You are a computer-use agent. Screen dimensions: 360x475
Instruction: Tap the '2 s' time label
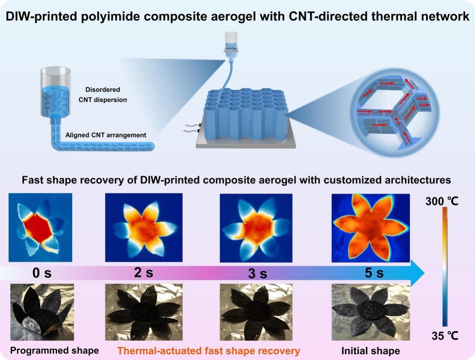pyautogui.click(x=144, y=273)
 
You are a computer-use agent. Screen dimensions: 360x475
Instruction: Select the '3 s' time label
pyautogui.click(x=258, y=274)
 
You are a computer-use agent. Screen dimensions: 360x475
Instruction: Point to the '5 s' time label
pyautogui.click(x=374, y=273)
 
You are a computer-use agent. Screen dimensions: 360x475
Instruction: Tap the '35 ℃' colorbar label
pyautogui.click(x=444, y=336)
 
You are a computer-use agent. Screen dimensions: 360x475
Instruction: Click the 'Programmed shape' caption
pyautogui.click(x=54, y=350)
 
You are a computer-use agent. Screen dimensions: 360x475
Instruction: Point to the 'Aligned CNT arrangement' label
pyautogui.click(x=106, y=135)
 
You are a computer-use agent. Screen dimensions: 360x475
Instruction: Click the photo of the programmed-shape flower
pyautogui.click(x=41, y=312)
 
